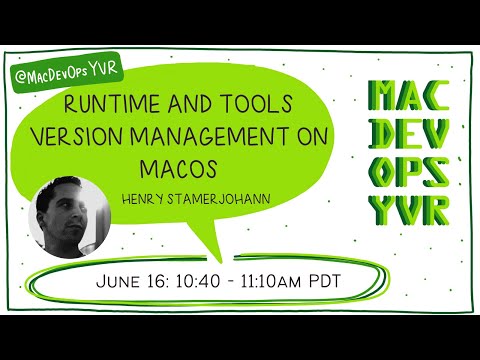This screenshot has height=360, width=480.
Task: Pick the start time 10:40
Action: point(201,281)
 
